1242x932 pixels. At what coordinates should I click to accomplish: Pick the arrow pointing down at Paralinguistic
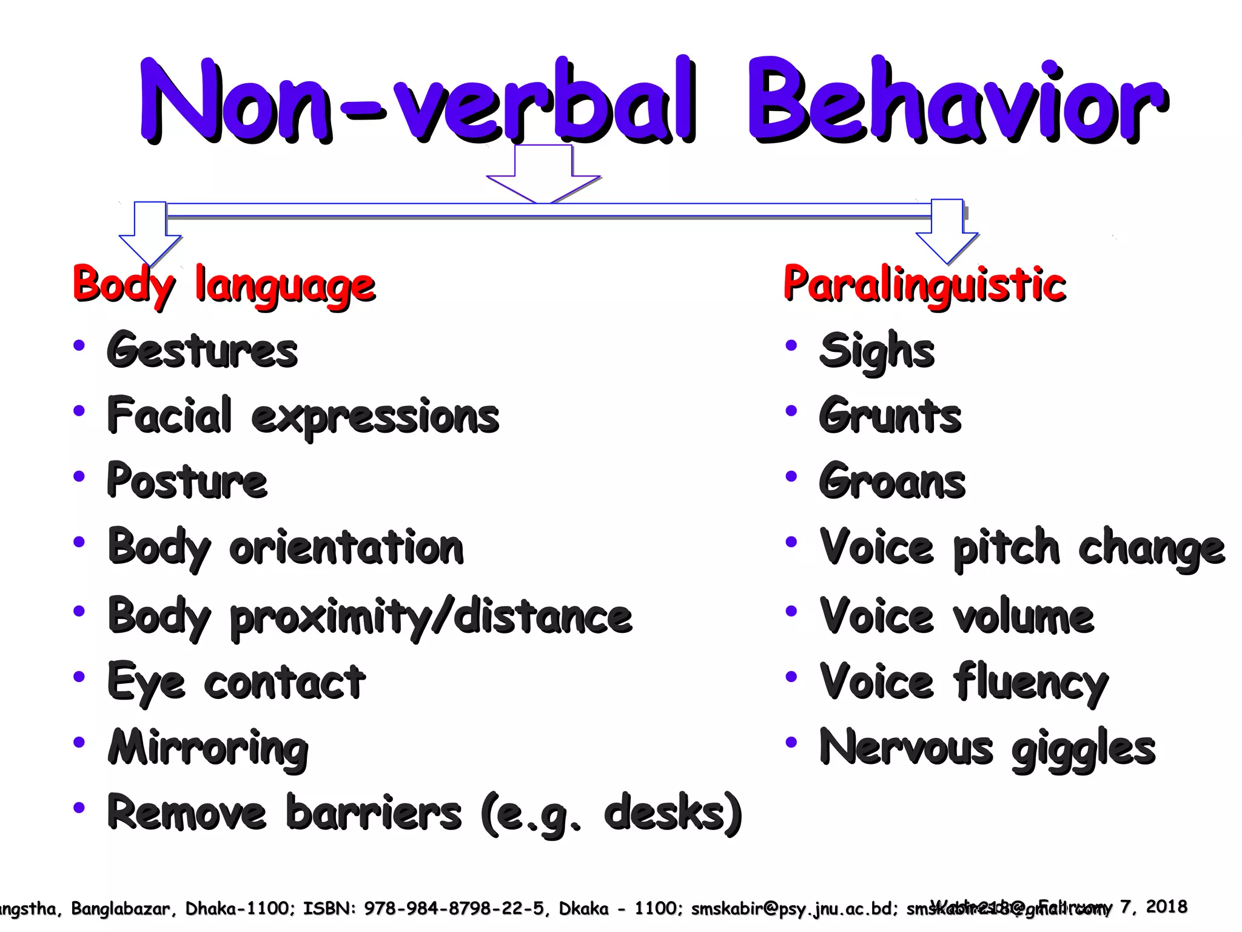(947, 231)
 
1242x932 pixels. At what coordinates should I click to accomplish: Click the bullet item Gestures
(203, 351)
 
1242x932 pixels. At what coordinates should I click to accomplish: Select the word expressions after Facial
(375, 417)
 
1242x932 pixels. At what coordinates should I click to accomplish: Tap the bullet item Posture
(187, 481)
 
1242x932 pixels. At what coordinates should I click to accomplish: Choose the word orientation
(346, 547)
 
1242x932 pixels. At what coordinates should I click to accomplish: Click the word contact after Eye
(285, 682)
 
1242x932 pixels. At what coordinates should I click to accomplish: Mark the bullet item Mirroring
(208, 749)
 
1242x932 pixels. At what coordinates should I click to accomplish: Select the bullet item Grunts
(890, 416)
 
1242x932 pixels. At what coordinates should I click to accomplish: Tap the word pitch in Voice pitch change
(1006, 548)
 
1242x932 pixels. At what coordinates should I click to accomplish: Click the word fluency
(1031, 683)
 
